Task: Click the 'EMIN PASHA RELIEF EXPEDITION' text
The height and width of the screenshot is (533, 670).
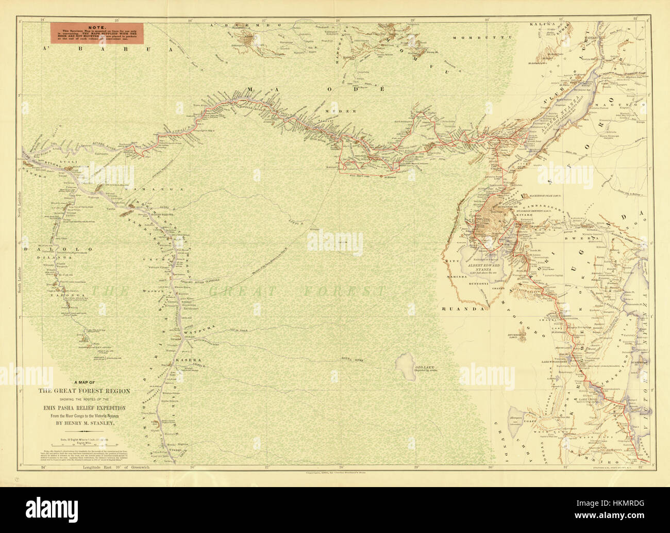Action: [x=84, y=408]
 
